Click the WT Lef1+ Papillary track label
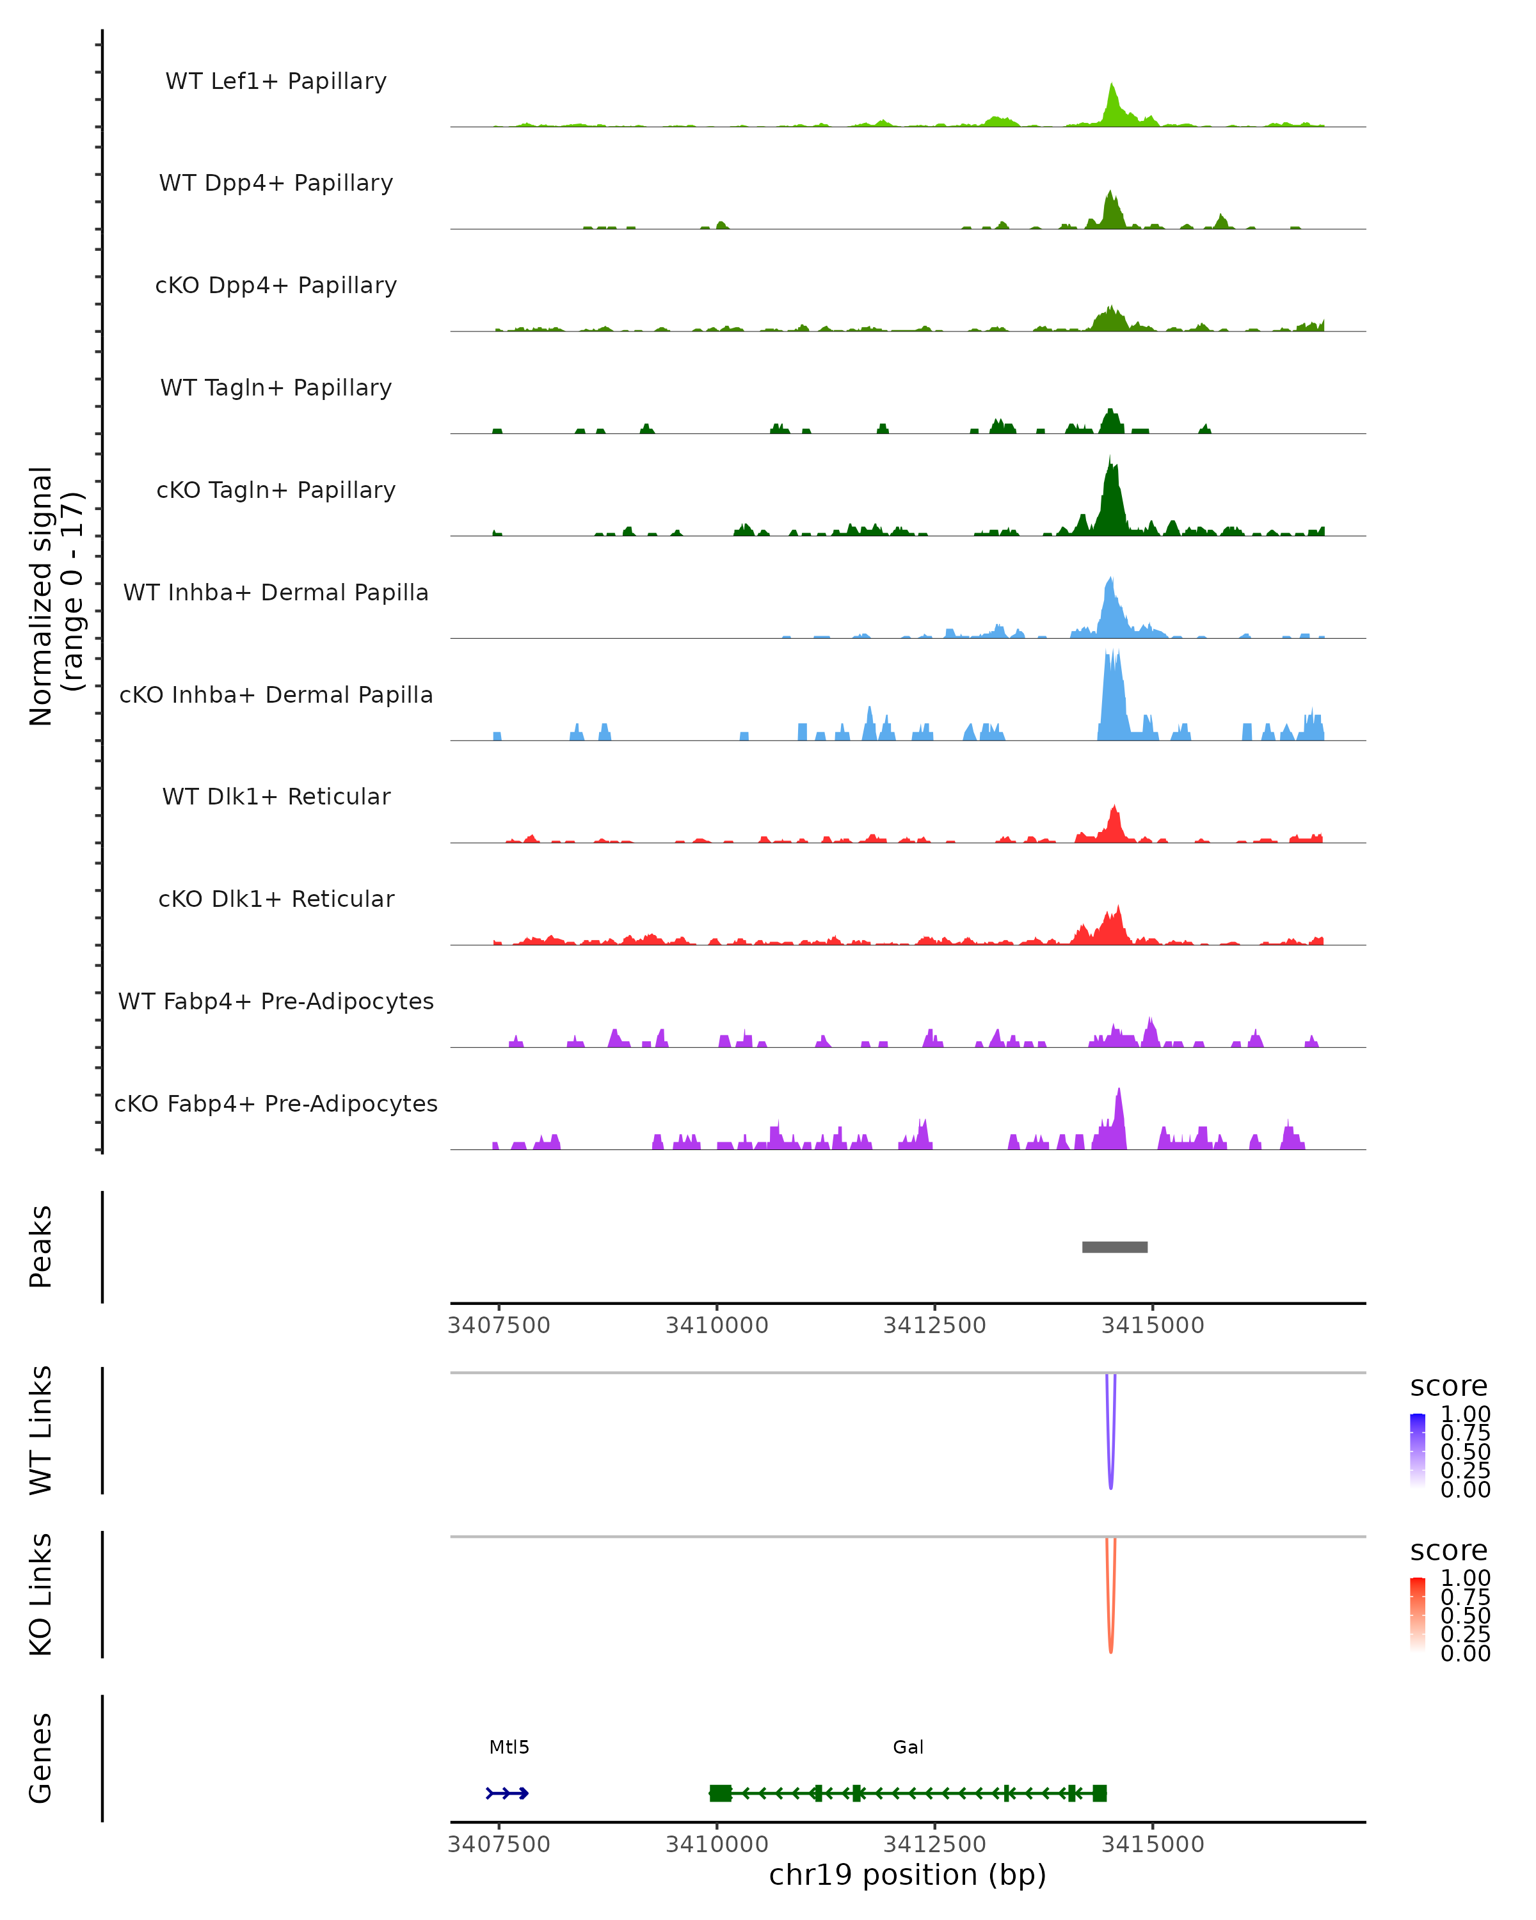point(276,81)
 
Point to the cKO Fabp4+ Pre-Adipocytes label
point(276,1103)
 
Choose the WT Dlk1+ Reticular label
point(276,796)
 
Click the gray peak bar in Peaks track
point(1114,1247)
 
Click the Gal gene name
point(908,1747)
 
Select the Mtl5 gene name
point(509,1747)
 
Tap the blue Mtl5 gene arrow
point(508,1793)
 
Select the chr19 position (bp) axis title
point(908,1875)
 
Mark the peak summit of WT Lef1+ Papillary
point(1111,86)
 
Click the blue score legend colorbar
point(1418,1450)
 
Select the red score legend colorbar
point(1418,1613)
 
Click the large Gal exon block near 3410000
point(721,1793)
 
